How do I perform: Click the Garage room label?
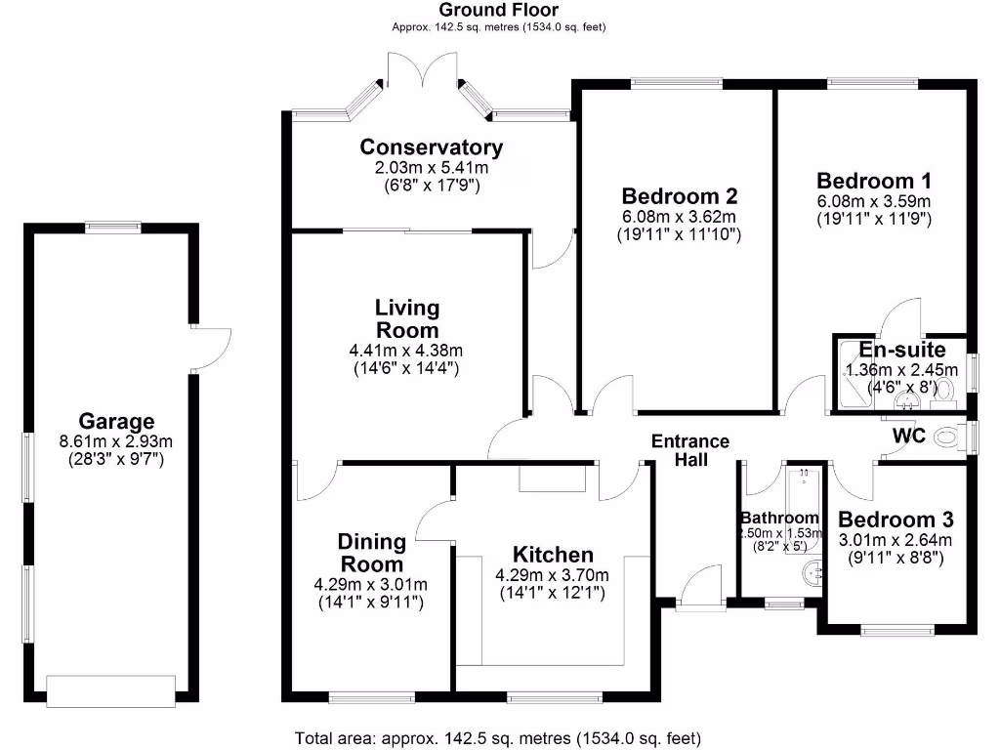[x=116, y=422]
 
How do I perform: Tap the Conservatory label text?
[x=431, y=147]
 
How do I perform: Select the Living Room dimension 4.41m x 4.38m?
[x=406, y=351]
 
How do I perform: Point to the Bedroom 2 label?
[x=679, y=196]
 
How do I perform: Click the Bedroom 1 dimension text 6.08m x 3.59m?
[x=874, y=201]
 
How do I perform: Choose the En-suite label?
[x=901, y=350]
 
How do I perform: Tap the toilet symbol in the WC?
[x=945, y=437]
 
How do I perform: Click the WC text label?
[x=908, y=436]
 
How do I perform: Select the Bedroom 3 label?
[x=896, y=521]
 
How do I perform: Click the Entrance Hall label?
[x=690, y=450]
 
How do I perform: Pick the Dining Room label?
[x=371, y=553]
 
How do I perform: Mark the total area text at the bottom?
[x=497, y=737]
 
